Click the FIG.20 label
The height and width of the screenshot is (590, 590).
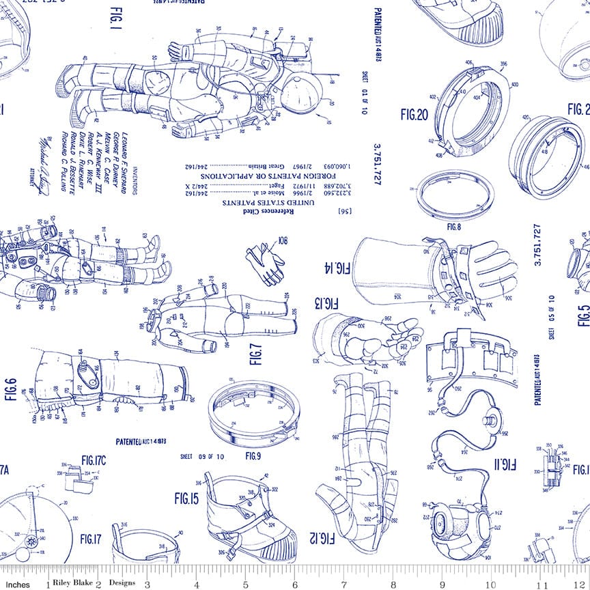(x=414, y=115)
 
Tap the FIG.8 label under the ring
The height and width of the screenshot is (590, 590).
(x=454, y=225)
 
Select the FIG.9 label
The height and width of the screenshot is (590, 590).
(x=253, y=455)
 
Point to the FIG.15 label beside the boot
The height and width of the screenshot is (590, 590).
(x=186, y=499)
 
